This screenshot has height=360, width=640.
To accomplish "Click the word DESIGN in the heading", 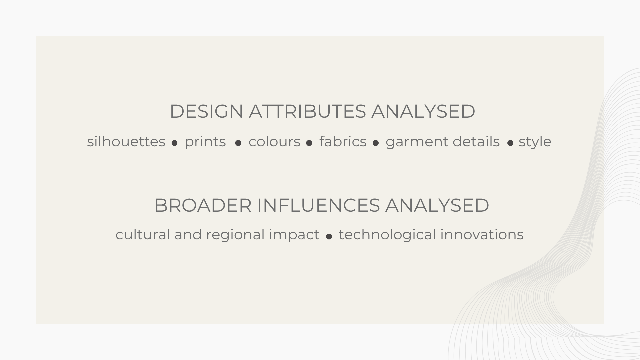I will click(206, 111).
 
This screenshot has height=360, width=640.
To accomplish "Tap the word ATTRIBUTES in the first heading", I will click(307, 111).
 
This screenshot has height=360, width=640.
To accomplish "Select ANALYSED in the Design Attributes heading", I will click(423, 111).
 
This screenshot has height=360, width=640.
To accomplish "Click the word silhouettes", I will click(126, 141).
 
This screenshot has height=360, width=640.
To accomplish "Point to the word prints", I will click(205, 142).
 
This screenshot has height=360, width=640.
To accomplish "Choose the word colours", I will click(274, 141).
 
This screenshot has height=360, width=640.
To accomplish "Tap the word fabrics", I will click(343, 141).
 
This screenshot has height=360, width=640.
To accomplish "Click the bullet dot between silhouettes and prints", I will click(174, 143).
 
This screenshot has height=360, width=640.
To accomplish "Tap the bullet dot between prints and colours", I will click(238, 143).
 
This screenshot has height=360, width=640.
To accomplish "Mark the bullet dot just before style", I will click(510, 143).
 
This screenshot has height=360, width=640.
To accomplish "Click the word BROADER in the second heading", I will click(203, 205).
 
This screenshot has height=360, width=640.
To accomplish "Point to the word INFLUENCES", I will click(318, 205).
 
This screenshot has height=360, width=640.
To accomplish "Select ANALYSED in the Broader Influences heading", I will click(437, 205).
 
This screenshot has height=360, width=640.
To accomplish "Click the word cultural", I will click(143, 234).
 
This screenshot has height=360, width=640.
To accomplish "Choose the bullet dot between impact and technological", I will click(329, 236).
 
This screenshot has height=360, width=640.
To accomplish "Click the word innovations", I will click(482, 234).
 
